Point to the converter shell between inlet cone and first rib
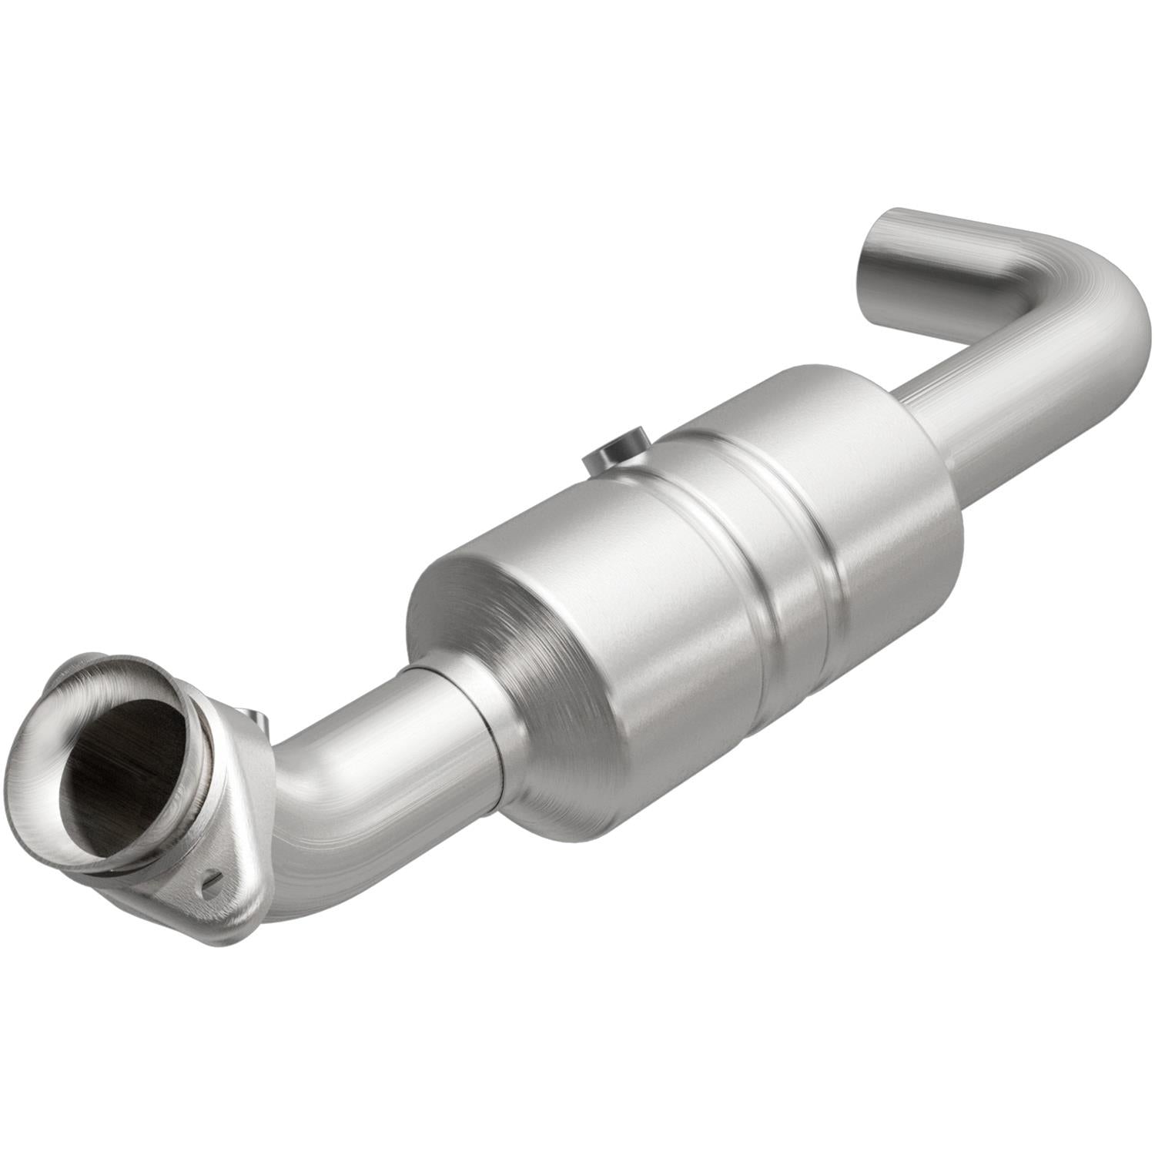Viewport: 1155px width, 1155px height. [x=616, y=601]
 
